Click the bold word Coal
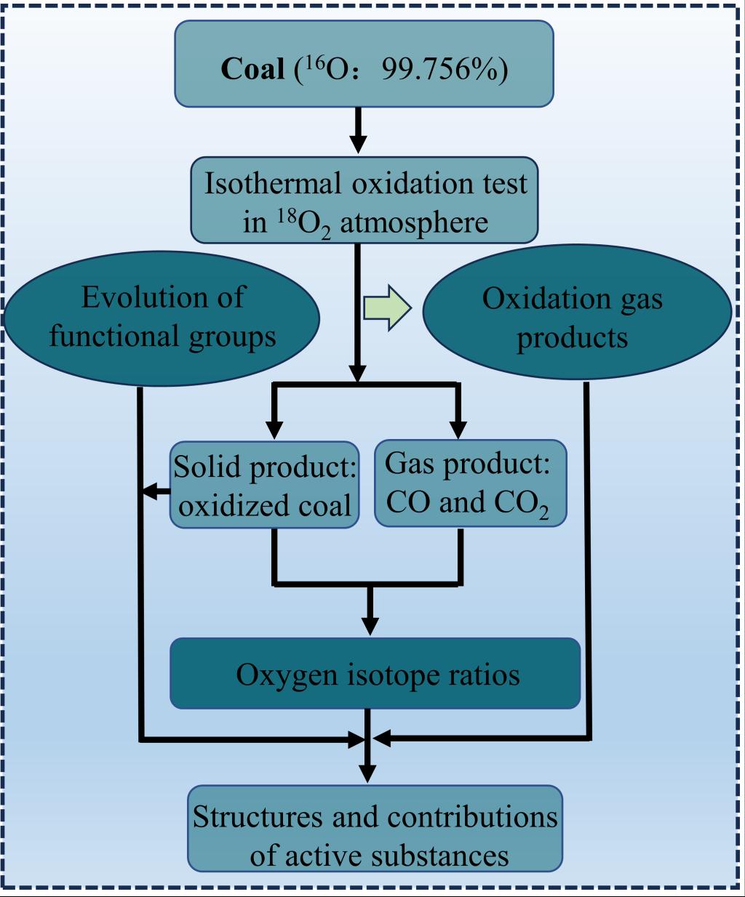coord(252,68)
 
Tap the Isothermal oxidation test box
coord(364,201)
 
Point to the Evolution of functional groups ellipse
coord(162,317)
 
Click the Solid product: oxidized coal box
coord(265,484)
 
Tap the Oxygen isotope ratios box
coord(375,674)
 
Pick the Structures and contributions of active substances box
coord(375,828)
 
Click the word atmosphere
coord(414,222)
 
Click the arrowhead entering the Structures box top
coord(368,772)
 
